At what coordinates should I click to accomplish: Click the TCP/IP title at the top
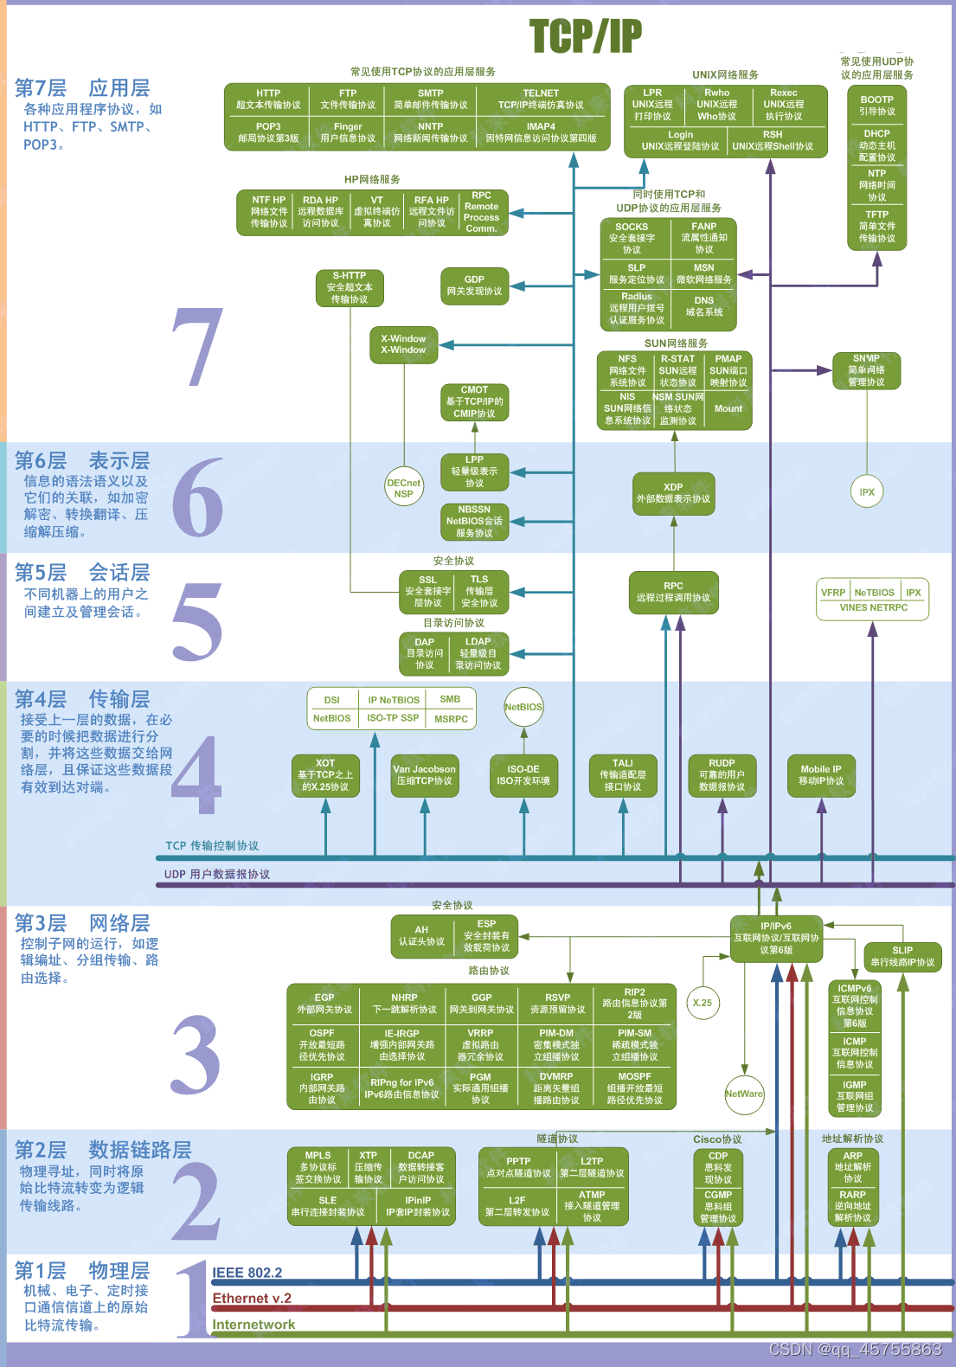(x=586, y=36)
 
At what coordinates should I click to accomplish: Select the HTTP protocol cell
(x=268, y=99)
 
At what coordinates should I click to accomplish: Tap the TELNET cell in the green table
(x=541, y=99)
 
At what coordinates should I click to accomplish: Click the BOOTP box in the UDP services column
(x=876, y=106)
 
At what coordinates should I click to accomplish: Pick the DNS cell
(x=703, y=306)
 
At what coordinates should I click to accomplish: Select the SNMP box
(x=866, y=370)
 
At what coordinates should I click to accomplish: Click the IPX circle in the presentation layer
(x=867, y=492)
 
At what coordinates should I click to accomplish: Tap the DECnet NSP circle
(x=403, y=489)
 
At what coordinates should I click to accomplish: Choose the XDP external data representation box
(x=673, y=493)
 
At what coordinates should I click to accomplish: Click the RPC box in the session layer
(x=673, y=592)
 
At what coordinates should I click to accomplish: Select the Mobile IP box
(x=820, y=775)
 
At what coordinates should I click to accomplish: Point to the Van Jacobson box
(x=424, y=775)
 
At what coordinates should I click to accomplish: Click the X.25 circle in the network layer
(x=703, y=1003)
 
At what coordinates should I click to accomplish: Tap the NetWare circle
(x=744, y=1094)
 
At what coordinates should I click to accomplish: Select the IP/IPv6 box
(x=776, y=938)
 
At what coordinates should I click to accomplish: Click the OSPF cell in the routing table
(x=322, y=1044)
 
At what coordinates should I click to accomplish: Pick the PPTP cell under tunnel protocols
(x=518, y=1167)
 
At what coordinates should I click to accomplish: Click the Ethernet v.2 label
(x=252, y=1299)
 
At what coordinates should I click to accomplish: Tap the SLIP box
(x=902, y=956)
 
